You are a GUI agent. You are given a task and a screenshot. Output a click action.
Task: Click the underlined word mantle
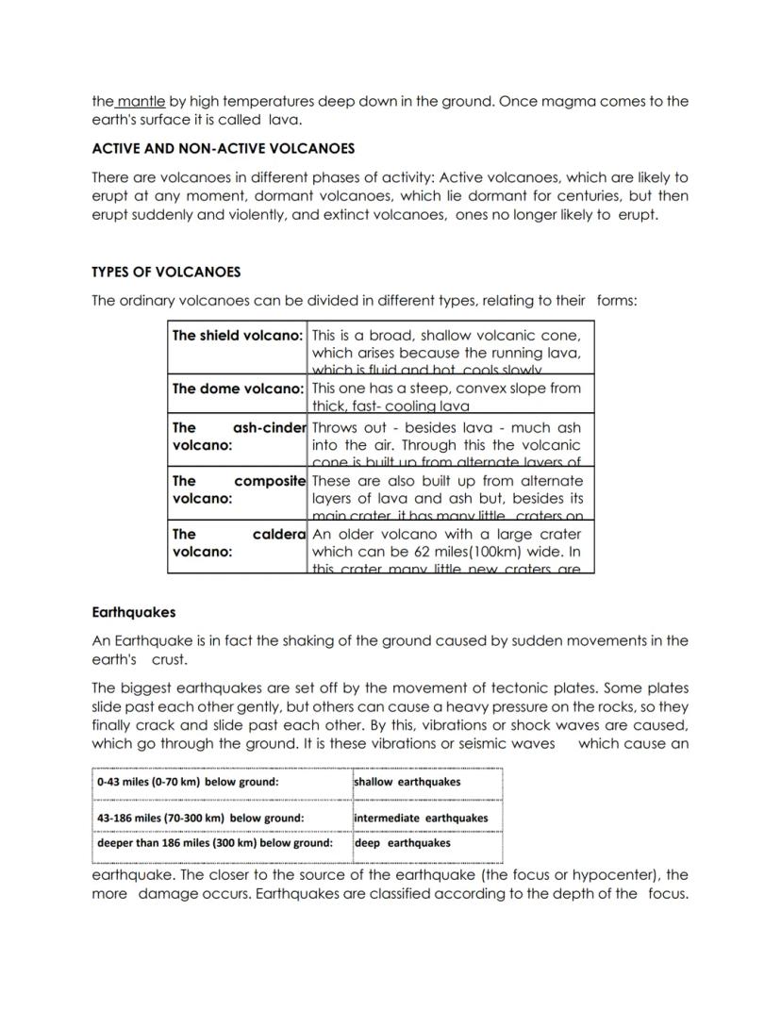(141, 101)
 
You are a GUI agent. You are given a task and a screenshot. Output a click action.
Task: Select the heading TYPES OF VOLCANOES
(166, 272)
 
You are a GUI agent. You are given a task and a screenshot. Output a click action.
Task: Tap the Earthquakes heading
(133, 612)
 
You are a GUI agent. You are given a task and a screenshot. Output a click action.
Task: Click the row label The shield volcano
(237, 335)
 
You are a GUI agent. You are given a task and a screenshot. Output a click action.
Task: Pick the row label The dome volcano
(237, 389)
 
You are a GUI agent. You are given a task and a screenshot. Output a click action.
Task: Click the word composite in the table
(270, 481)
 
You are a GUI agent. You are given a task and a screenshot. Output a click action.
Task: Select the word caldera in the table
(279, 534)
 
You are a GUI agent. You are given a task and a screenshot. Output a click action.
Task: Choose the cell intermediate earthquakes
(421, 818)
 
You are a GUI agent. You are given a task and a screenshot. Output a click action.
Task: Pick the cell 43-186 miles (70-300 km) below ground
(200, 818)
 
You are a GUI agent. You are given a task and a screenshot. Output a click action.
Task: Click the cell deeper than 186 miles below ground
(215, 843)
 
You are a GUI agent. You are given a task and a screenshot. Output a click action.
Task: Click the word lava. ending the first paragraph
(284, 120)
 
